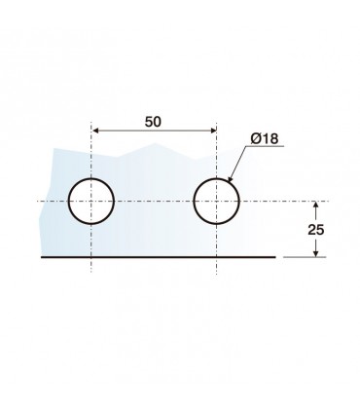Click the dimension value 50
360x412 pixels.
tap(153, 122)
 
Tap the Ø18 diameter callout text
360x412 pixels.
tap(265, 138)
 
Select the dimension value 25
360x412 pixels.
tap(316, 230)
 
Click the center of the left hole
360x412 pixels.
tap(91, 202)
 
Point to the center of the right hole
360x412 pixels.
tap(216, 202)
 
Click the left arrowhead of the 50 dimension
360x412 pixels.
tap(95, 131)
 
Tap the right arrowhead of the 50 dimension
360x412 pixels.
tap(212, 131)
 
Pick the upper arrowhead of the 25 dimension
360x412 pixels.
tap(316, 205)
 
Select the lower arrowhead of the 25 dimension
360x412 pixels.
tap(316, 253)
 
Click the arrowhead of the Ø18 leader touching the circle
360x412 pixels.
tap(230, 179)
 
